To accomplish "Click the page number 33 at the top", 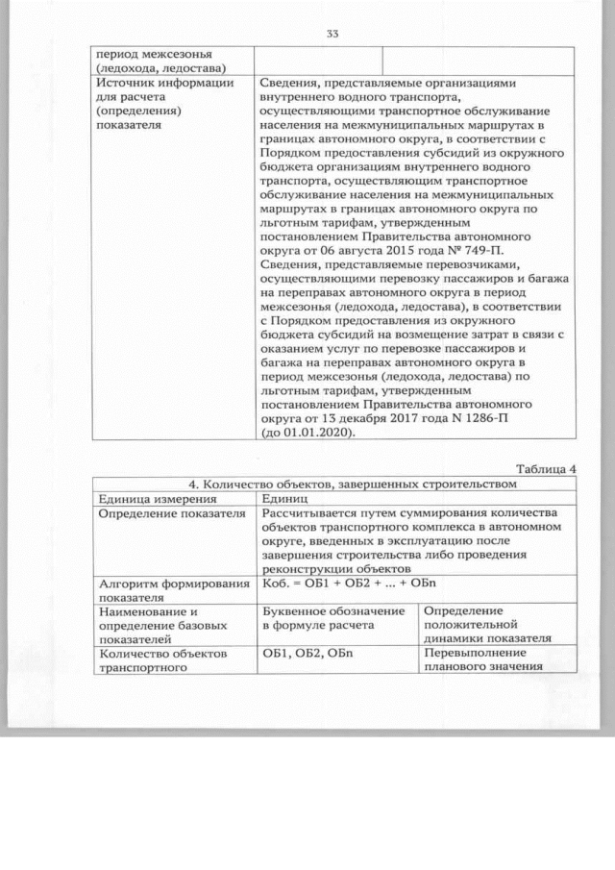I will point(332,34).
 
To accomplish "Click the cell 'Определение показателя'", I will point(167,513).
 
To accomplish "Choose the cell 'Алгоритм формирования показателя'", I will point(169,590).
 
